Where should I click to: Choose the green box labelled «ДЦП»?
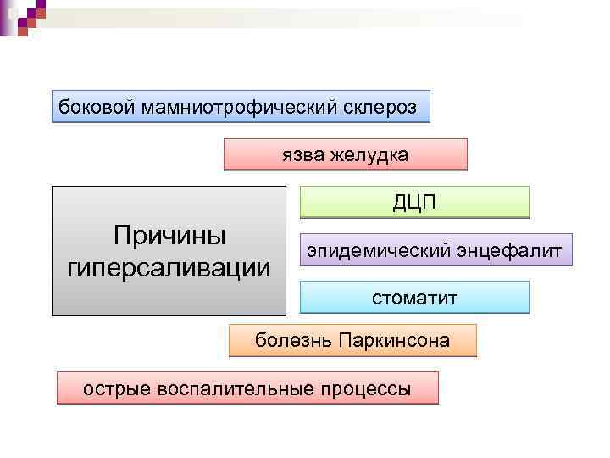tap(414, 203)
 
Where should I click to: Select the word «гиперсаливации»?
tap(168, 266)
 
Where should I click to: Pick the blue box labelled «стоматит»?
tap(414, 298)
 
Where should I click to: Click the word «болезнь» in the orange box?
tap(293, 341)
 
